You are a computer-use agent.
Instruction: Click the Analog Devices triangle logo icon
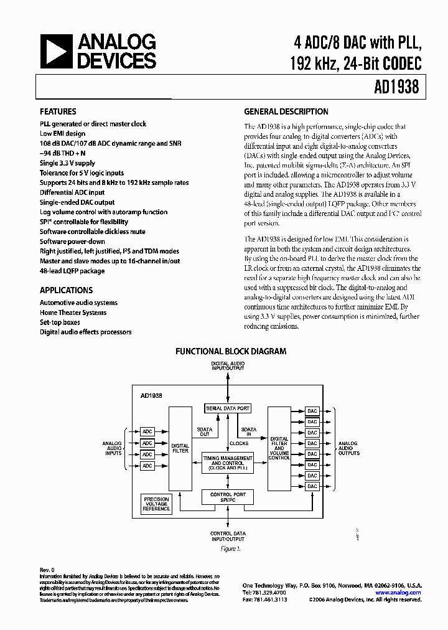pyautogui.click(x=55, y=50)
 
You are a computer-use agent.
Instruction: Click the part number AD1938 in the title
pyautogui.click(x=396, y=87)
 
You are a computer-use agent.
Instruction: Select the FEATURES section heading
pyautogui.click(x=58, y=111)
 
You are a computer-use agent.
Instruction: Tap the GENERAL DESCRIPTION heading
pyautogui.click(x=286, y=111)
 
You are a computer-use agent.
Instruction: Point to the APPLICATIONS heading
pyautogui.click(x=66, y=290)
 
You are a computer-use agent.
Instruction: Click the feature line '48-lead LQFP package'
pyautogui.click(x=72, y=271)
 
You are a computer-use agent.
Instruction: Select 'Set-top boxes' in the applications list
pyautogui.click(x=60, y=322)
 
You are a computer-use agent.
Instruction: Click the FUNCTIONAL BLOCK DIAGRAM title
pyautogui.click(x=230, y=351)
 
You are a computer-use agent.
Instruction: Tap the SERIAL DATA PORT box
pyautogui.click(x=228, y=408)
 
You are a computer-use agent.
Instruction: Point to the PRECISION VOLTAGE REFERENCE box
pyautogui.click(x=156, y=504)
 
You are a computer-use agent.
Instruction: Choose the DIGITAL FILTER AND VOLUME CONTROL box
pyautogui.click(x=279, y=448)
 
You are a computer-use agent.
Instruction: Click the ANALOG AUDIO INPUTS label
pyautogui.click(x=112, y=448)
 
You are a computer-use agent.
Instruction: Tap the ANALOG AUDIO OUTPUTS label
pyautogui.click(x=348, y=448)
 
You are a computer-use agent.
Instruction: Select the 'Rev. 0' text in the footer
pyautogui.click(x=47, y=570)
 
